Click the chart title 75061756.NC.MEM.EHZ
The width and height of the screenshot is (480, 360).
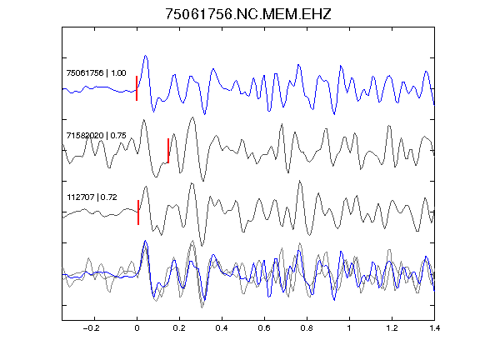tap(248, 14)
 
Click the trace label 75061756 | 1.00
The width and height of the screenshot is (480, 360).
tap(96, 72)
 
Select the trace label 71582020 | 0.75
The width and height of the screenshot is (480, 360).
tap(96, 135)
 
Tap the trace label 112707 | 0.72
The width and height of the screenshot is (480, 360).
tap(92, 197)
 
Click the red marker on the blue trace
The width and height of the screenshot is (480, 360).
tap(137, 88)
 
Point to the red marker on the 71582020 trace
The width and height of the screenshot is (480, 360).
tap(168, 151)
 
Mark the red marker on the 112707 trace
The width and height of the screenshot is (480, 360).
tap(138, 212)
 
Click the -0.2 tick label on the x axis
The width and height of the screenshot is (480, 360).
tap(92, 328)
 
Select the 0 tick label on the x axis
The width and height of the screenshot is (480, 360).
tap(137, 328)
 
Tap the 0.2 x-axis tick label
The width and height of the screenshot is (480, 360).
tap(179, 328)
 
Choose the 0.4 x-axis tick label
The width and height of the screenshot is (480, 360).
tap(222, 328)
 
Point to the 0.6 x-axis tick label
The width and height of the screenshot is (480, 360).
tap(264, 328)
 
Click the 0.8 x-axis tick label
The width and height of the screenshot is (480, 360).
tap(307, 328)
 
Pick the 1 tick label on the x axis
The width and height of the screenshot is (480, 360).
tap(349, 328)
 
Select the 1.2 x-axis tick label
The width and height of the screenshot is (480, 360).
tap(392, 328)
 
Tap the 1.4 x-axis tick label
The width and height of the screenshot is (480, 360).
tap(434, 328)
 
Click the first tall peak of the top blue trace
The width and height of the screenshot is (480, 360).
tap(146, 56)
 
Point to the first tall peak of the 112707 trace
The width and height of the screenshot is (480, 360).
tap(147, 187)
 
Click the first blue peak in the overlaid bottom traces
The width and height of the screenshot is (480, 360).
tap(145, 241)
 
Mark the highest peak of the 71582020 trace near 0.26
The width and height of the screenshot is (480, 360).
tap(192, 117)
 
